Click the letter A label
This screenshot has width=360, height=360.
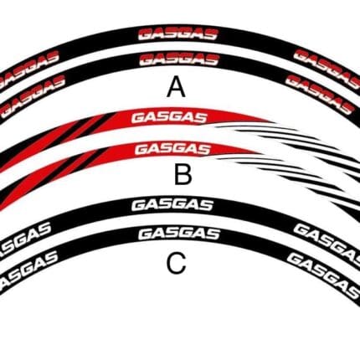pyautogui.click(x=176, y=87)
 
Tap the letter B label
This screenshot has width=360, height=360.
pyautogui.click(x=183, y=174)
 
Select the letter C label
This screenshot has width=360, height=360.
pyautogui.click(x=176, y=263)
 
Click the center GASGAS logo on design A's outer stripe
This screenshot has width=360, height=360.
pyautogui.click(x=178, y=34)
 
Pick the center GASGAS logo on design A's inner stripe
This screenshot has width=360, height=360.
pyautogui.click(x=179, y=59)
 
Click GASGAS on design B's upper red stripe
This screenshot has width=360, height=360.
pyautogui.click(x=170, y=118)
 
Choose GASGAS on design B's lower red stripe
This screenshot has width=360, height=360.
pyautogui.click(x=172, y=149)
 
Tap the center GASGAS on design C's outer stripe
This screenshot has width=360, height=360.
pyautogui.click(x=172, y=205)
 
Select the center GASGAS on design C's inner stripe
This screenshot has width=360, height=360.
pyautogui.click(x=179, y=234)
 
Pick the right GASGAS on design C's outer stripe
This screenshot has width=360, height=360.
pyautogui.click(x=327, y=242)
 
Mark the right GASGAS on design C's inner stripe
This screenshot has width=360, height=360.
pyautogui.click(x=323, y=274)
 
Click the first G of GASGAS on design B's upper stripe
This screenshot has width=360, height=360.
pyautogui.click(x=138, y=118)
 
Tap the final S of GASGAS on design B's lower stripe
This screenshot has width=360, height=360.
pyautogui.click(x=203, y=149)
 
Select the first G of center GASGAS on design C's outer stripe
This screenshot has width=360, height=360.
pyautogui.click(x=139, y=205)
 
